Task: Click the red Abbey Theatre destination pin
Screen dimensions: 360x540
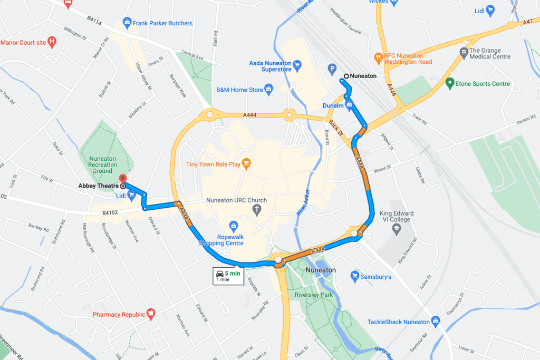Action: click(x=123, y=178)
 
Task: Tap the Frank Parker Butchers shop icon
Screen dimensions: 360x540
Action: click(x=127, y=23)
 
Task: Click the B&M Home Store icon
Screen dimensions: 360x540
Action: click(x=269, y=89)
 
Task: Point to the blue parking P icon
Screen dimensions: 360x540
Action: click(x=332, y=68)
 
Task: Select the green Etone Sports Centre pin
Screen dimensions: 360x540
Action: click(x=449, y=83)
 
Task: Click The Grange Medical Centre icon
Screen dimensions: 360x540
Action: click(x=464, y=52)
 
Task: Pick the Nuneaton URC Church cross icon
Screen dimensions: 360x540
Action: click(x=257, y=210)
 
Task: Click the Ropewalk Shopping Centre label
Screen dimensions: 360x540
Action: click(x=221, y=240)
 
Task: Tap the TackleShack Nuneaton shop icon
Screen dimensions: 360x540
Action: click(x=435, y=321)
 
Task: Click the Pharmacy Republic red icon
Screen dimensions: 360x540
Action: click(x=151, y=314)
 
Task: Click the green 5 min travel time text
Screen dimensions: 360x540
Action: click(x=233, y=273)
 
